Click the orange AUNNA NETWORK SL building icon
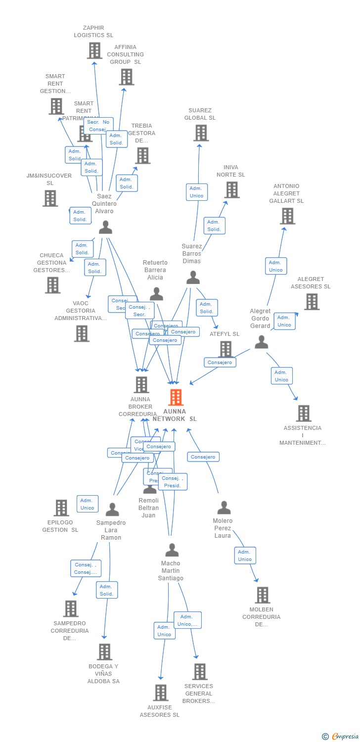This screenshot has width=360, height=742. (x=176, y=397)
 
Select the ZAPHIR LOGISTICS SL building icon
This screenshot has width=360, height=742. (x=94, y=50)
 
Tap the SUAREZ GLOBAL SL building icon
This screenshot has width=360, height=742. (x=201, y=133)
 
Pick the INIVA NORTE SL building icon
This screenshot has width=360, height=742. (x=231, y=189)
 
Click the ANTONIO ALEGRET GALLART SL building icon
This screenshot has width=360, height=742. (x=287, y=216)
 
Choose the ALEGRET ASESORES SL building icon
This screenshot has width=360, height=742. (x=312, y=301)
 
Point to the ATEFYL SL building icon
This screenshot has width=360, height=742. (x=225, y=349)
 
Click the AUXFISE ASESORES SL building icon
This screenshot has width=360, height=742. (x=160, y=693)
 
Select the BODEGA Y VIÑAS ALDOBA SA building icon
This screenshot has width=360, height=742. (x=104, y=651)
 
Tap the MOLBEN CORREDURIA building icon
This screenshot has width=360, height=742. (x=262, y=595)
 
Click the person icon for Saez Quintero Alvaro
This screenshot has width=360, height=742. (x=105, y=227)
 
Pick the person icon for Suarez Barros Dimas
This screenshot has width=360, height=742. (x=193, y=278)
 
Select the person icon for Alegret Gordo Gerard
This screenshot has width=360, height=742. (x=261, y=342)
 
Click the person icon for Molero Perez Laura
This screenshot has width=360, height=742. (x=224, y=507)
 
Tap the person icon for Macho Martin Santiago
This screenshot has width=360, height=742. (x=172, y=550)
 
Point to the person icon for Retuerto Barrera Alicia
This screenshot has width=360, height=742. (x=156, y=294)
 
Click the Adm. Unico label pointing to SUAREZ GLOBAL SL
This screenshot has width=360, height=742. (x=196, y=192)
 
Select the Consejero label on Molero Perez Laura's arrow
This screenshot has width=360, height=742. (x=203, y=457)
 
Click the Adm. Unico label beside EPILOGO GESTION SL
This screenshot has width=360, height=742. (x=88, y=504)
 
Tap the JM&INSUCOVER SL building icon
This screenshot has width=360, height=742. (x=50, y=198)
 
